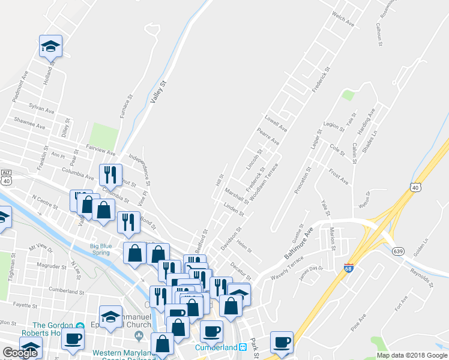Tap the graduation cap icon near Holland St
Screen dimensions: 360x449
(50, 45)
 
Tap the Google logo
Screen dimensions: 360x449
(20, 353)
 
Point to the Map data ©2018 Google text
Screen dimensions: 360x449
(412, 355)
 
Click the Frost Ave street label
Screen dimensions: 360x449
(338, 176)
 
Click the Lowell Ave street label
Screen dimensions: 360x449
(276, 124)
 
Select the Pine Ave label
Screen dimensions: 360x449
(358, 325)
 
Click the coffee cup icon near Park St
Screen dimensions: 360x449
(281, 342)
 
